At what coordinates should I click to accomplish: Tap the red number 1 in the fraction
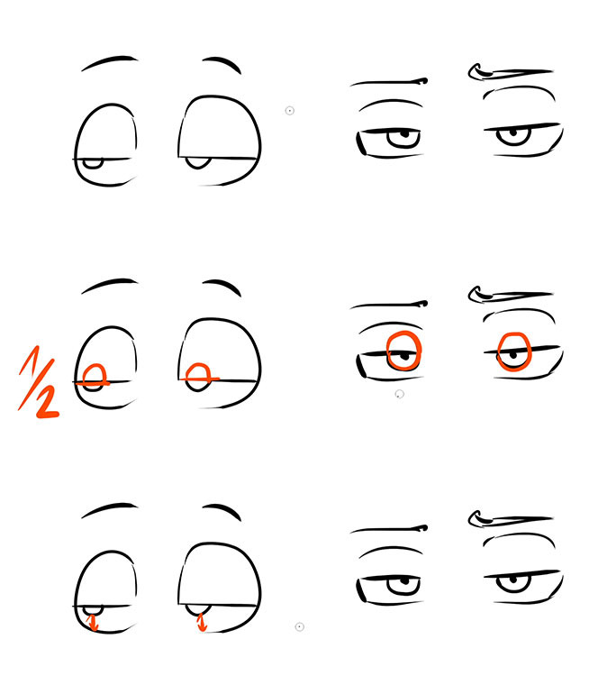[x=29, y=360]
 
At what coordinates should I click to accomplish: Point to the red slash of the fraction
[x=36, y=384]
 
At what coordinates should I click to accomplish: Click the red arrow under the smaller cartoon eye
[x=93, y=622]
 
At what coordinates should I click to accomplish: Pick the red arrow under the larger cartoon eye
[x=202, y=621]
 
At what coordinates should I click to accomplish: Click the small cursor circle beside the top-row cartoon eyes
[x=290, y=111]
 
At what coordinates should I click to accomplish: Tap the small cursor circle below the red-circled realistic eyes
[x=399, y=394]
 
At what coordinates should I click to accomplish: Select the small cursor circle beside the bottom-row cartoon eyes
[x=299, y=626]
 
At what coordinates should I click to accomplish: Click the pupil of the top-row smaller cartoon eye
[x=93, y=163]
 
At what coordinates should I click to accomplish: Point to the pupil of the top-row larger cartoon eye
[x=197, y=162]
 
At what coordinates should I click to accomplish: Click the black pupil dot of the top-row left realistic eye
[x=404, y=133]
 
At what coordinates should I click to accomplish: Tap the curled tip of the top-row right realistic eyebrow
[x=474, y=72]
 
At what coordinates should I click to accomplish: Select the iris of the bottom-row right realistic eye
[x=513, y=583]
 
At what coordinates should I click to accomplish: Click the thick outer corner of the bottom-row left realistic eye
[x=361, y=590]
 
